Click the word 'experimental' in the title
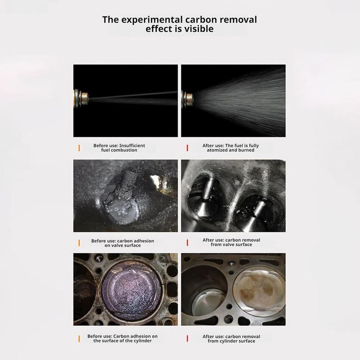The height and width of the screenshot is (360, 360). (x=152, y=20)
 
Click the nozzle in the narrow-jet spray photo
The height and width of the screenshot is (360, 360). (x=81, y=99)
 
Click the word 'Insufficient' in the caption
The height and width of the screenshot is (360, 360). (x=132, y=145)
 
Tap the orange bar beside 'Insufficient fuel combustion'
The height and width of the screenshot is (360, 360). (x=79, y=148)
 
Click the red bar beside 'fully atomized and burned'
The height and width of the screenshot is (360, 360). (x=187, y=148)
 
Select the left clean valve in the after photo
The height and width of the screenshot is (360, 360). (x=203, y=198)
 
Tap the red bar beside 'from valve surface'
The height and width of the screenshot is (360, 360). (x=187, y=243)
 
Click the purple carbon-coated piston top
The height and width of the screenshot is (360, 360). (x=132, y=292)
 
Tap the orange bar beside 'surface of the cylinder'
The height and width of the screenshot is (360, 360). (x=79, y=339)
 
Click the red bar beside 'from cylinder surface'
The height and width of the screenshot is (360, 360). (x=187, y=339)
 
